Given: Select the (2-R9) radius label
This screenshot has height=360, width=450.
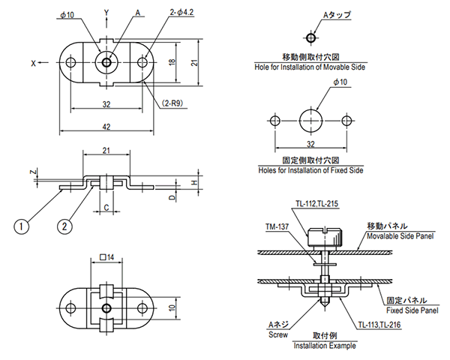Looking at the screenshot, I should coord(175,100).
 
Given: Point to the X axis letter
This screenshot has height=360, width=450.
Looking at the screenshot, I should coord(34,64).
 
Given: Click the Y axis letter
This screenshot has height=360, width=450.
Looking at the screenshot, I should coord(106,13).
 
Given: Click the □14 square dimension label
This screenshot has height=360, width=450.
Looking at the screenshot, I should coord(107,257).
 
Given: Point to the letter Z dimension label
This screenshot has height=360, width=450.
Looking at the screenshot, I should coord(33,172).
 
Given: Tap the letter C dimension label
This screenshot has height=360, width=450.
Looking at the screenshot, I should coord(106,206).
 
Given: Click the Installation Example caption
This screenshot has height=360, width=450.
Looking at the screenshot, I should coord(324,346).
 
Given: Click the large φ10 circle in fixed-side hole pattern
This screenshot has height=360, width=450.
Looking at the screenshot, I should coord(311,120).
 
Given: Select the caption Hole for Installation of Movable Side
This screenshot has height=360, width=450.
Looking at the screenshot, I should coord(311,67).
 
